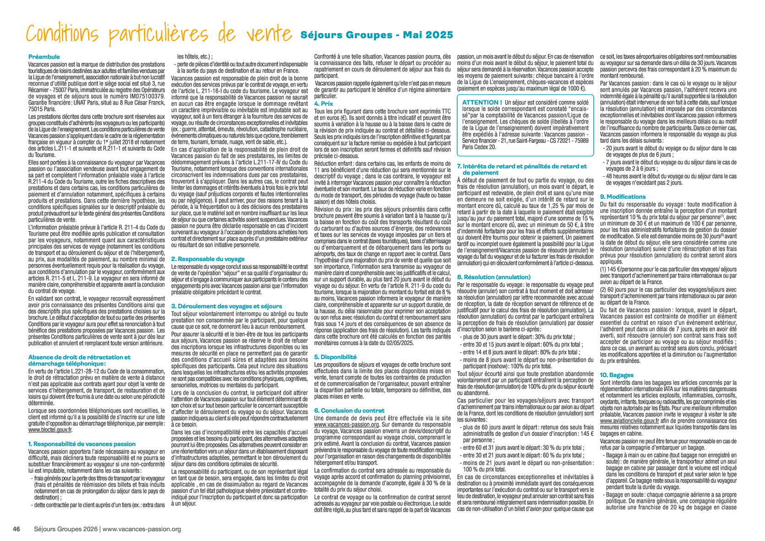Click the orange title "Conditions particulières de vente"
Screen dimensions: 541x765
click(158, 35)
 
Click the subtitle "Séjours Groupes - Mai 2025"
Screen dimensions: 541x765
click(377, 35)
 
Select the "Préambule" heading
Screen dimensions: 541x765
click(44, 57)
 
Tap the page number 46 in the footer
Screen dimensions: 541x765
click(16, 529)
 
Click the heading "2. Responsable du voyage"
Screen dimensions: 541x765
click(208, 259)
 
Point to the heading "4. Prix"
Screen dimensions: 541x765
click(323, 104)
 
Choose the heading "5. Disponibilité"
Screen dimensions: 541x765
click(335, 357)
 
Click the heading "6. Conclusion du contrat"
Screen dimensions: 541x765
click(349, 410)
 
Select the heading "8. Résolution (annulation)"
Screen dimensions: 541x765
click(494, 277)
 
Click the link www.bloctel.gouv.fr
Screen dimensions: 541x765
click(50, 430)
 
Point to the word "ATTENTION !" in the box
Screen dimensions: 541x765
click(481, 102)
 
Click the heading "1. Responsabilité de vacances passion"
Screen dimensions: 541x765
click(82, 444)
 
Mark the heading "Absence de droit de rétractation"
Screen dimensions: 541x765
click(79, 357)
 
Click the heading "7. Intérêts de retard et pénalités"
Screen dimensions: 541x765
click(522, 166)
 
